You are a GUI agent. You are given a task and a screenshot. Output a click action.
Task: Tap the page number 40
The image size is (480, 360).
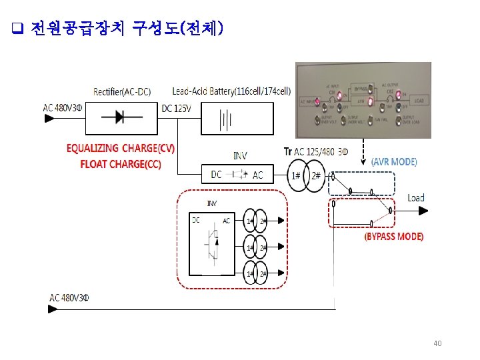pos(437,343)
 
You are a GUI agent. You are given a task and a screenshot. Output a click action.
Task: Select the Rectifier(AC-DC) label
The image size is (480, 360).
pos(121,91)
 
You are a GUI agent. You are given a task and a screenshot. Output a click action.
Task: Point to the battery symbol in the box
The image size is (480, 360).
pos(227,119)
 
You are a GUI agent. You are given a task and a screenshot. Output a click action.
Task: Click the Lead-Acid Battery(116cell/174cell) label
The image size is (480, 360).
pos(231,91)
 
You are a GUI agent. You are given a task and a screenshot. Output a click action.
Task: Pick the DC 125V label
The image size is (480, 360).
pos(177,108)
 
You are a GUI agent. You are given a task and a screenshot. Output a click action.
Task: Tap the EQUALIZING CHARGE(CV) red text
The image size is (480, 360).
pos(120,148)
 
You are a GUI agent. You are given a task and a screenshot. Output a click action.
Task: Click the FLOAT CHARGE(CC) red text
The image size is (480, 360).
pos(120,163)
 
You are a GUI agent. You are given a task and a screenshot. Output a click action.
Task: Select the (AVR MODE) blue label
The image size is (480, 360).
pos(394,162)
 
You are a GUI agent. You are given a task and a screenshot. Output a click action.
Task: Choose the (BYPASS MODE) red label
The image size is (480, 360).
pos(393,237)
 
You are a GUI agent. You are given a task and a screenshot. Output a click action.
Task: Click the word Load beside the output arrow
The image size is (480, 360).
pos(416,197)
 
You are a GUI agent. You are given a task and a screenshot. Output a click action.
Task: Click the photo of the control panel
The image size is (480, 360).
pos(363,100)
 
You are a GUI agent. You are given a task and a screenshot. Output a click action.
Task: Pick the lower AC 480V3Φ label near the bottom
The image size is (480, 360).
pos(69,297)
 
